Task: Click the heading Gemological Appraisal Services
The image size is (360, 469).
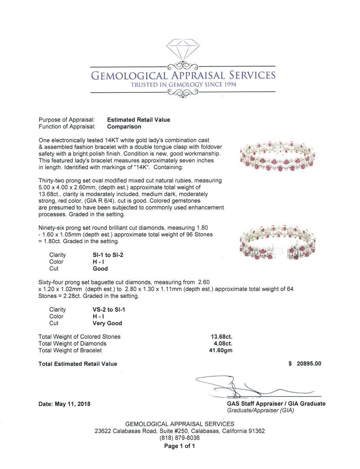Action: point(183,76)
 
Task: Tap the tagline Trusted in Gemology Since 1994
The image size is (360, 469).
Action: point(183,85)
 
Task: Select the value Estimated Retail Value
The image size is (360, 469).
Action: point(139,120)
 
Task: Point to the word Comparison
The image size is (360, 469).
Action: point(124,127)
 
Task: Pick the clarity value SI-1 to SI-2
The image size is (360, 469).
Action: point(105,255)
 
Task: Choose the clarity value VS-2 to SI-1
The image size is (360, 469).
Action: point(106,310)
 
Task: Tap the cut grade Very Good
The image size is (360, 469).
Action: point(107,324)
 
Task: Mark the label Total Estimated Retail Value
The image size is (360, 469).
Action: point(78,364)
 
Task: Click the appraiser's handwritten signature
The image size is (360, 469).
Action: point(243,386)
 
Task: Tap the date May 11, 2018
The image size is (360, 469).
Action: point(65,403)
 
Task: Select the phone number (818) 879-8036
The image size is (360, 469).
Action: point(180,438)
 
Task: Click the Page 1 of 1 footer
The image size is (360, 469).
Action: point(180,446)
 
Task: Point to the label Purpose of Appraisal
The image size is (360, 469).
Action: point(67,120)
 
